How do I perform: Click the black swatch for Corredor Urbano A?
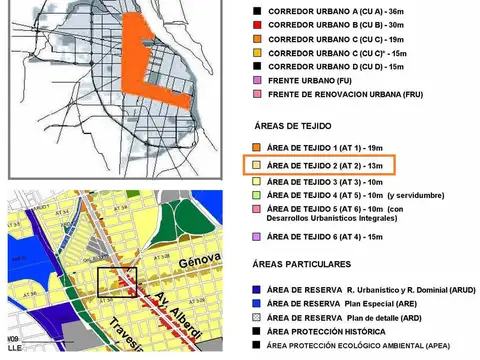(257, 8)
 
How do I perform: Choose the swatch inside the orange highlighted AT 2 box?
(257, 163)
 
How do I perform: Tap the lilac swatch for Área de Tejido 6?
(257, 236)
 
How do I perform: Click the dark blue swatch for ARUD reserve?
(257, 286)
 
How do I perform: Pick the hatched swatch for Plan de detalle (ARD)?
(257, 315)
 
